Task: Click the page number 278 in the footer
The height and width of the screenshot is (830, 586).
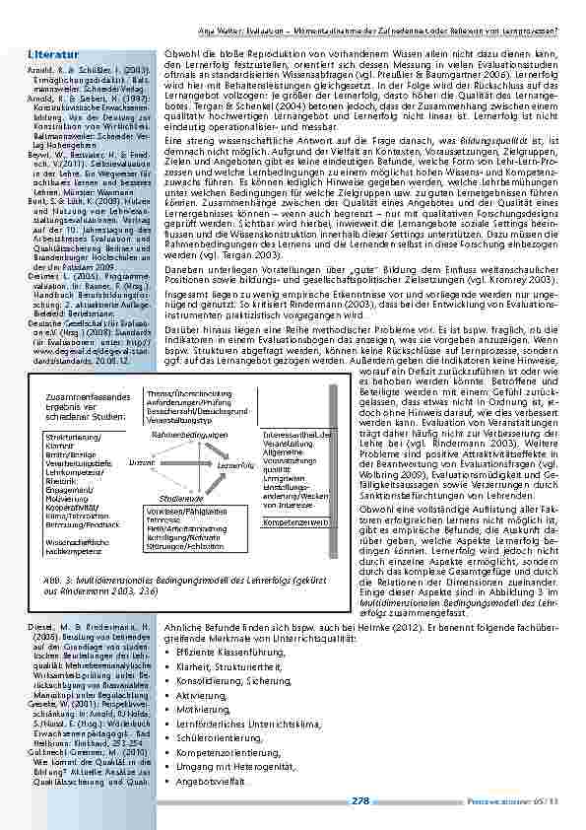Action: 359,801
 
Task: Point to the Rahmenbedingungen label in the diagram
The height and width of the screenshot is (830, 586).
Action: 190,434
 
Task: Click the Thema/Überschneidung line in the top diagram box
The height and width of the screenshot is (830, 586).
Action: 183,393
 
